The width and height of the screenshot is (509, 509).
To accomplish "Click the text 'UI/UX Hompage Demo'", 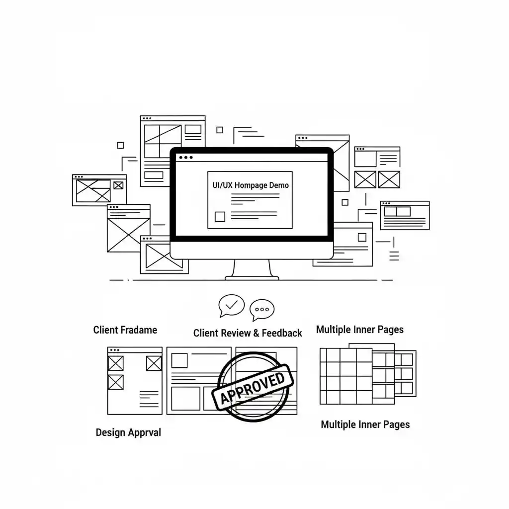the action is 251,185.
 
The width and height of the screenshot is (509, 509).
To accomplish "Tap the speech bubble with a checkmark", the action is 231,306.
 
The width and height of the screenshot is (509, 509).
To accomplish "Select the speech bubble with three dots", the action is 262,310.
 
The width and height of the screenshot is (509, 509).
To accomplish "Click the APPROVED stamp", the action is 253,387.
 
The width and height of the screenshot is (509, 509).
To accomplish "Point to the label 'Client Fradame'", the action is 125,330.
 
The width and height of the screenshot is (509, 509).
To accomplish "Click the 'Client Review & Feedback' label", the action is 248,333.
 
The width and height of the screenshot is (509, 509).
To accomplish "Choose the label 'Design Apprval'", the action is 128,433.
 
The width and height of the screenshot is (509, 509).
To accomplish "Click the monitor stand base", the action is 252,278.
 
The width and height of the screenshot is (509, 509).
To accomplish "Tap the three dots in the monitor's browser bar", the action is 186,158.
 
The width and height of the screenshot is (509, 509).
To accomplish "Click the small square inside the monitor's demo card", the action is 220,217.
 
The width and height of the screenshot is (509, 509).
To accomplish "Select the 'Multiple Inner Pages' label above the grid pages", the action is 360,330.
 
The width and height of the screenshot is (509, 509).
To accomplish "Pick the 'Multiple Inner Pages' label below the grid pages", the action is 365,424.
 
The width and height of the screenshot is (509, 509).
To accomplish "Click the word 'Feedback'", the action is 282,333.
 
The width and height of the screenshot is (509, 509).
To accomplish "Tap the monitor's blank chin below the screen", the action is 252,251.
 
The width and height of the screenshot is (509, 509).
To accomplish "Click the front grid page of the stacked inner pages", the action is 346,376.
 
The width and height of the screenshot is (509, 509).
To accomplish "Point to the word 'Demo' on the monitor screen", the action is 279,185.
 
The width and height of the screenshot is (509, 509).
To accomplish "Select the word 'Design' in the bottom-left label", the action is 110,433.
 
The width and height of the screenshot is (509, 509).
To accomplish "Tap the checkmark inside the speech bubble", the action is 232,305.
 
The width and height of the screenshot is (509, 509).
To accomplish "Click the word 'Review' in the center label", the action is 235,333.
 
